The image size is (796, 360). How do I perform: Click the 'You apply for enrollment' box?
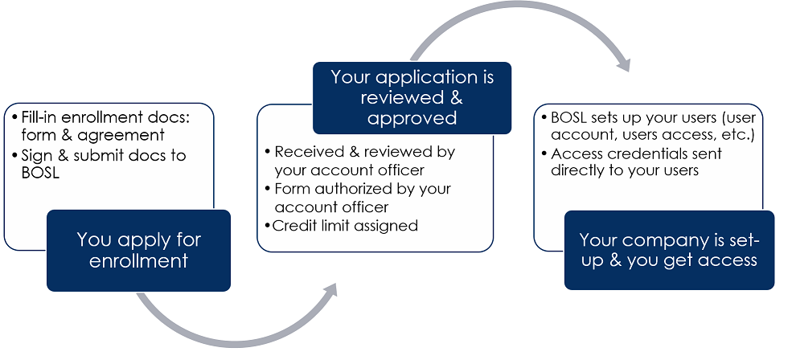click(138, 251)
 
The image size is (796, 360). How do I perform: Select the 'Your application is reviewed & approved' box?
click(412, 98)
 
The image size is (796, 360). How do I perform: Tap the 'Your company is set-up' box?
click(669, 250)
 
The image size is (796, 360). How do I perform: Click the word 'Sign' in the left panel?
click(35, 156)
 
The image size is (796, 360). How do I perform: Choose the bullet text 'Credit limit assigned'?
click(345, 226)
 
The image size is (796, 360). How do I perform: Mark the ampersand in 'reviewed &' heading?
click(455, 97)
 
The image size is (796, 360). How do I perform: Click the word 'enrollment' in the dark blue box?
click(138, 260)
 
